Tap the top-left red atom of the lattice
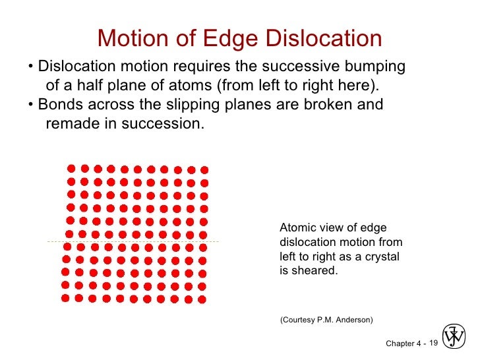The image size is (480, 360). (x=71, y=168)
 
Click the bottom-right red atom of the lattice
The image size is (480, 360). (x=202, y=299)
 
